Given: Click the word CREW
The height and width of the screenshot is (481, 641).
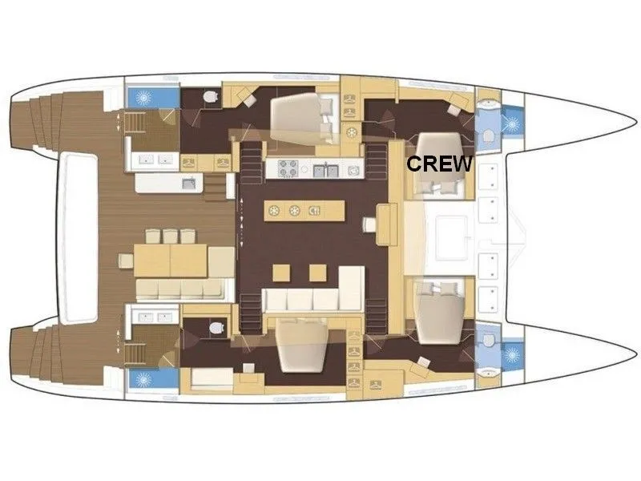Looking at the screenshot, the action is [x=439, y=164].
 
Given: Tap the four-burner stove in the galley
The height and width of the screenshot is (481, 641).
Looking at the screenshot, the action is [x=288, y=169].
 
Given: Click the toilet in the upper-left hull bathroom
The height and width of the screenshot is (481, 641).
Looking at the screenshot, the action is [x=211, y=97].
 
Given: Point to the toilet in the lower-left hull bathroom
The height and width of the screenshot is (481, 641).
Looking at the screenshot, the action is [x=216, y=328].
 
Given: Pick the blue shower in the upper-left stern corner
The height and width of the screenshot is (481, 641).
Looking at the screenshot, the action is [x=154, y=97].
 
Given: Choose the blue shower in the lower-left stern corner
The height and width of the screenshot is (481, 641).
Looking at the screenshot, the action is [x=154, y=379].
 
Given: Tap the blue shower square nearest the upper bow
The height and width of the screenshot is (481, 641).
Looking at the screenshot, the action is [x=512, y=123].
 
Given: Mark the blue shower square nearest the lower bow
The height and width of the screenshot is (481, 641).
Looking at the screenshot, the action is [x=512, y=354].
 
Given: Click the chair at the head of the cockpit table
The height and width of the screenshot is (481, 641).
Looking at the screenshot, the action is [x=126, y=261].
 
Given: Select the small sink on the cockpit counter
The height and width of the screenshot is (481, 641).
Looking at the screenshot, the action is [x=189, y=183].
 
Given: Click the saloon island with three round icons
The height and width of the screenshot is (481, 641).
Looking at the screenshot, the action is [x=304, y=211].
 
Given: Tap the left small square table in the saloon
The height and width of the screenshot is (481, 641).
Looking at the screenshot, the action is [x=281, y=273].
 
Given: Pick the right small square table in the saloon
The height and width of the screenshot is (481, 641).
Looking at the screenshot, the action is [x=317, y=273].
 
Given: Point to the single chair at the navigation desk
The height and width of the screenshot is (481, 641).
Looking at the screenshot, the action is [x=369, y=224].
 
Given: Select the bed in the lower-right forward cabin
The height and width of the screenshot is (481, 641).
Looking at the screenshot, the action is [x=440, y=312].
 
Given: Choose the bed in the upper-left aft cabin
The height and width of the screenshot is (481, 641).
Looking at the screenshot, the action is [x=304, y=119].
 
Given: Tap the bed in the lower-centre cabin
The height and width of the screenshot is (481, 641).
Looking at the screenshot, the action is [x=302, y=346].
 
